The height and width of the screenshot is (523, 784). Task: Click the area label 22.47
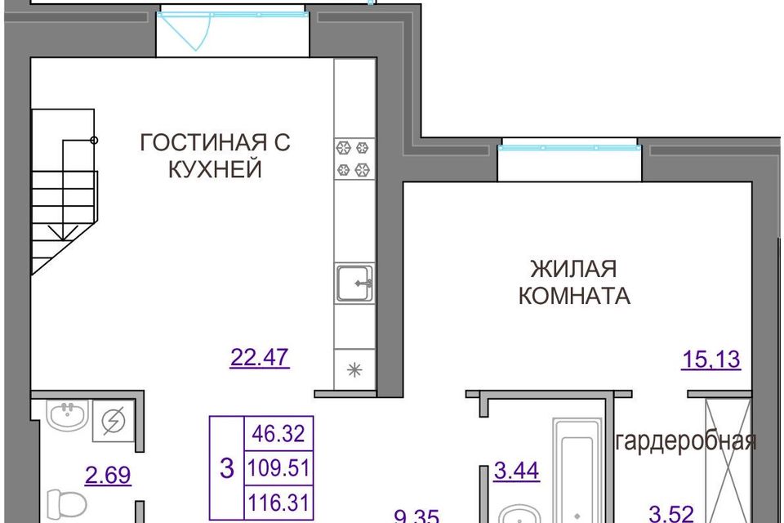(x=260, y=358)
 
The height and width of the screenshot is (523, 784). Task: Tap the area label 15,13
(x=710, y=359)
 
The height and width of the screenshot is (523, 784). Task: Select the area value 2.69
(x=109, y=475)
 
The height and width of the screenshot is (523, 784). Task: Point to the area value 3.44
(x=518, y=471)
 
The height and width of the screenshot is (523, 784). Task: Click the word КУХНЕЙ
(x=215, y=170)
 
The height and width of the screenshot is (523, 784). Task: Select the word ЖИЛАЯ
(x=573, y=269)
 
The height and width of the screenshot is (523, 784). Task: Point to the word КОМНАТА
(x=574, y=296)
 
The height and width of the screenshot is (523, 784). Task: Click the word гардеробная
(x=685, y=442)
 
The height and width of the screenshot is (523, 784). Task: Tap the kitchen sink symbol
(x=354, y=283)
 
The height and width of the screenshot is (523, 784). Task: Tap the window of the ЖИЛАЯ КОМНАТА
(x=568, y=148)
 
